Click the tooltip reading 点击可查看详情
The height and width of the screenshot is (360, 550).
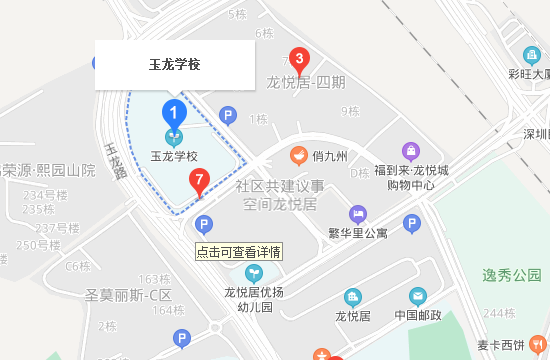[239, 251]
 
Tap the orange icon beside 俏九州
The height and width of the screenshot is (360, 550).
[298, 156]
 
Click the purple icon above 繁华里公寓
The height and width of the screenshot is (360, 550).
[357, 214]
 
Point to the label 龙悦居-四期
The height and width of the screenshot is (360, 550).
[306, 82]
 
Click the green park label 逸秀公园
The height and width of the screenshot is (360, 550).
[511, 274]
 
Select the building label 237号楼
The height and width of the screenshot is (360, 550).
[50, 228]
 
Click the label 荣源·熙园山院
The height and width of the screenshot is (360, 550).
[47, 170]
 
